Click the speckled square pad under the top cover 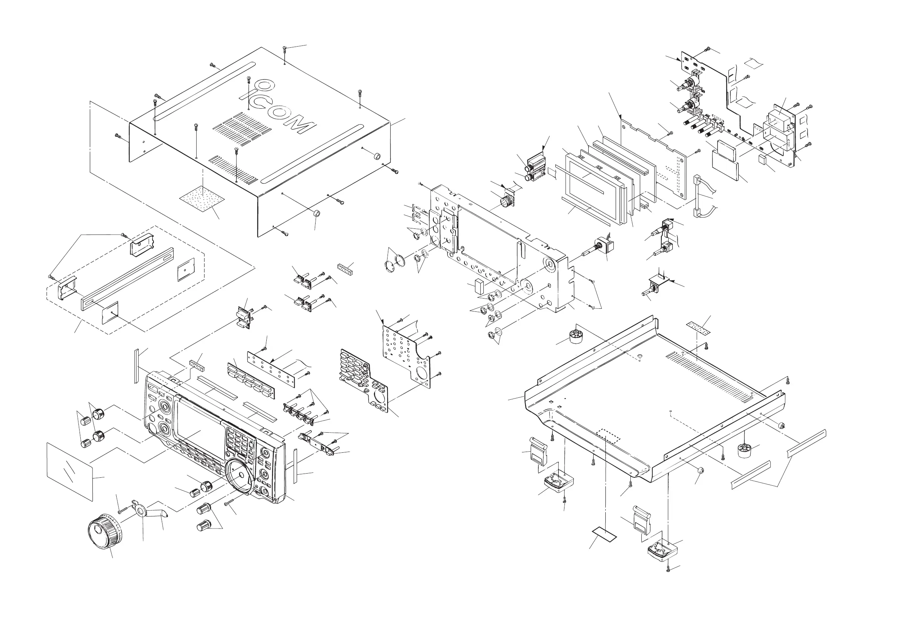202,198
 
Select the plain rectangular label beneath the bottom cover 604,535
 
